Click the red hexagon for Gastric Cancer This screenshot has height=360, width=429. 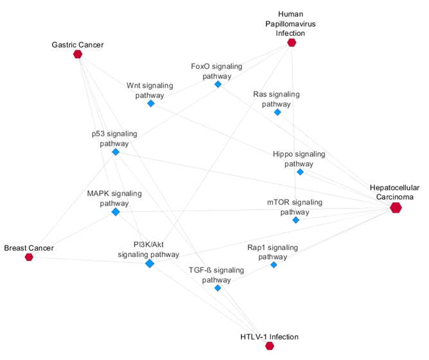tap(78, 55)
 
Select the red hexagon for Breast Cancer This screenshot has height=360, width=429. tap(29, 257)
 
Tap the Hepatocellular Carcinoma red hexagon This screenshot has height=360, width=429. tap(396, 207)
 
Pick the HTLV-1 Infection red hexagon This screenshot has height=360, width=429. tap(270, 346)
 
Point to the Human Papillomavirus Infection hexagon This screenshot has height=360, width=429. tap(292, 42)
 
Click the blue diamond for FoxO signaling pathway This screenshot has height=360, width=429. tap(218, 84)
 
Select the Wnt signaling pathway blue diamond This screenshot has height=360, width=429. tap(151, 103)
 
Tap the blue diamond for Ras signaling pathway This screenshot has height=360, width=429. tap(277, 112)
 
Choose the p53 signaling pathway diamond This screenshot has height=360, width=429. tap(116, 152)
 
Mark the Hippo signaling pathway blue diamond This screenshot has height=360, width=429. tap(300, 172)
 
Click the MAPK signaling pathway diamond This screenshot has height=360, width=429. tap(116, 212)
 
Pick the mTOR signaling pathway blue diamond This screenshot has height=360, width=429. tap(295, 220)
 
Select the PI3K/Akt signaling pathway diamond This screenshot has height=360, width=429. tap(150, 264)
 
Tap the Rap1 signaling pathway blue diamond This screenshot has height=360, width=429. tap(274, 265)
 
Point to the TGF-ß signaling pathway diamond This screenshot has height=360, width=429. tap(218, 288)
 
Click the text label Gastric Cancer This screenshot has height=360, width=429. tap(78, 44)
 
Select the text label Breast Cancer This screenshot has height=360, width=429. tap(29, 248)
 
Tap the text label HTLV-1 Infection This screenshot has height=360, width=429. tap(270, 336)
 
